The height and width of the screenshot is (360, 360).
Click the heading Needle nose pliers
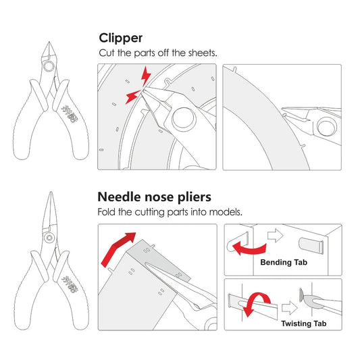point(155,197)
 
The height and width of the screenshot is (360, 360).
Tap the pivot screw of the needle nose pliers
point(49,238)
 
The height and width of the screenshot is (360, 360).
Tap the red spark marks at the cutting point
point(136,86)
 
